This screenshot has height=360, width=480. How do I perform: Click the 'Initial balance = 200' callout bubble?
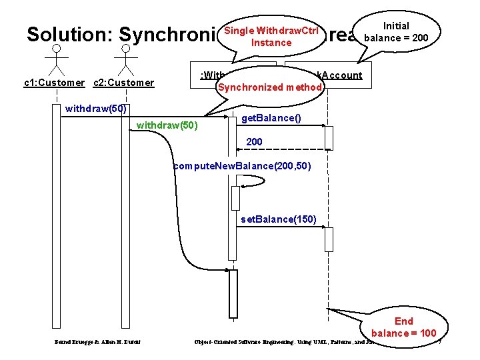(397, 31)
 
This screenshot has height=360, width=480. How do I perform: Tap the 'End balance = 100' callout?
(403, 327)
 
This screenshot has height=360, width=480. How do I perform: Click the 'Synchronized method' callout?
(269, 87)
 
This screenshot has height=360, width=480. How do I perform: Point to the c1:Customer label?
(54, 83)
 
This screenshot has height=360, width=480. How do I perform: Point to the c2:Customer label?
(123, 83)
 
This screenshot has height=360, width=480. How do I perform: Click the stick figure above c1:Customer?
(57, 61)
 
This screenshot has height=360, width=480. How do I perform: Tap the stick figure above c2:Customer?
(124, 61)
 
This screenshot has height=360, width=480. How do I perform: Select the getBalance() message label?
(271, 118)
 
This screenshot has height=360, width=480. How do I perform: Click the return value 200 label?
(254, 142)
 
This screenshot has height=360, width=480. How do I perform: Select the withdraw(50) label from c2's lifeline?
(167, 125)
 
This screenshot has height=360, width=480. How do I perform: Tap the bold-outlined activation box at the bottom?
(233, 293)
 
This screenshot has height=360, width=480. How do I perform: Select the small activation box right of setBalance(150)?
(329, 239)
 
